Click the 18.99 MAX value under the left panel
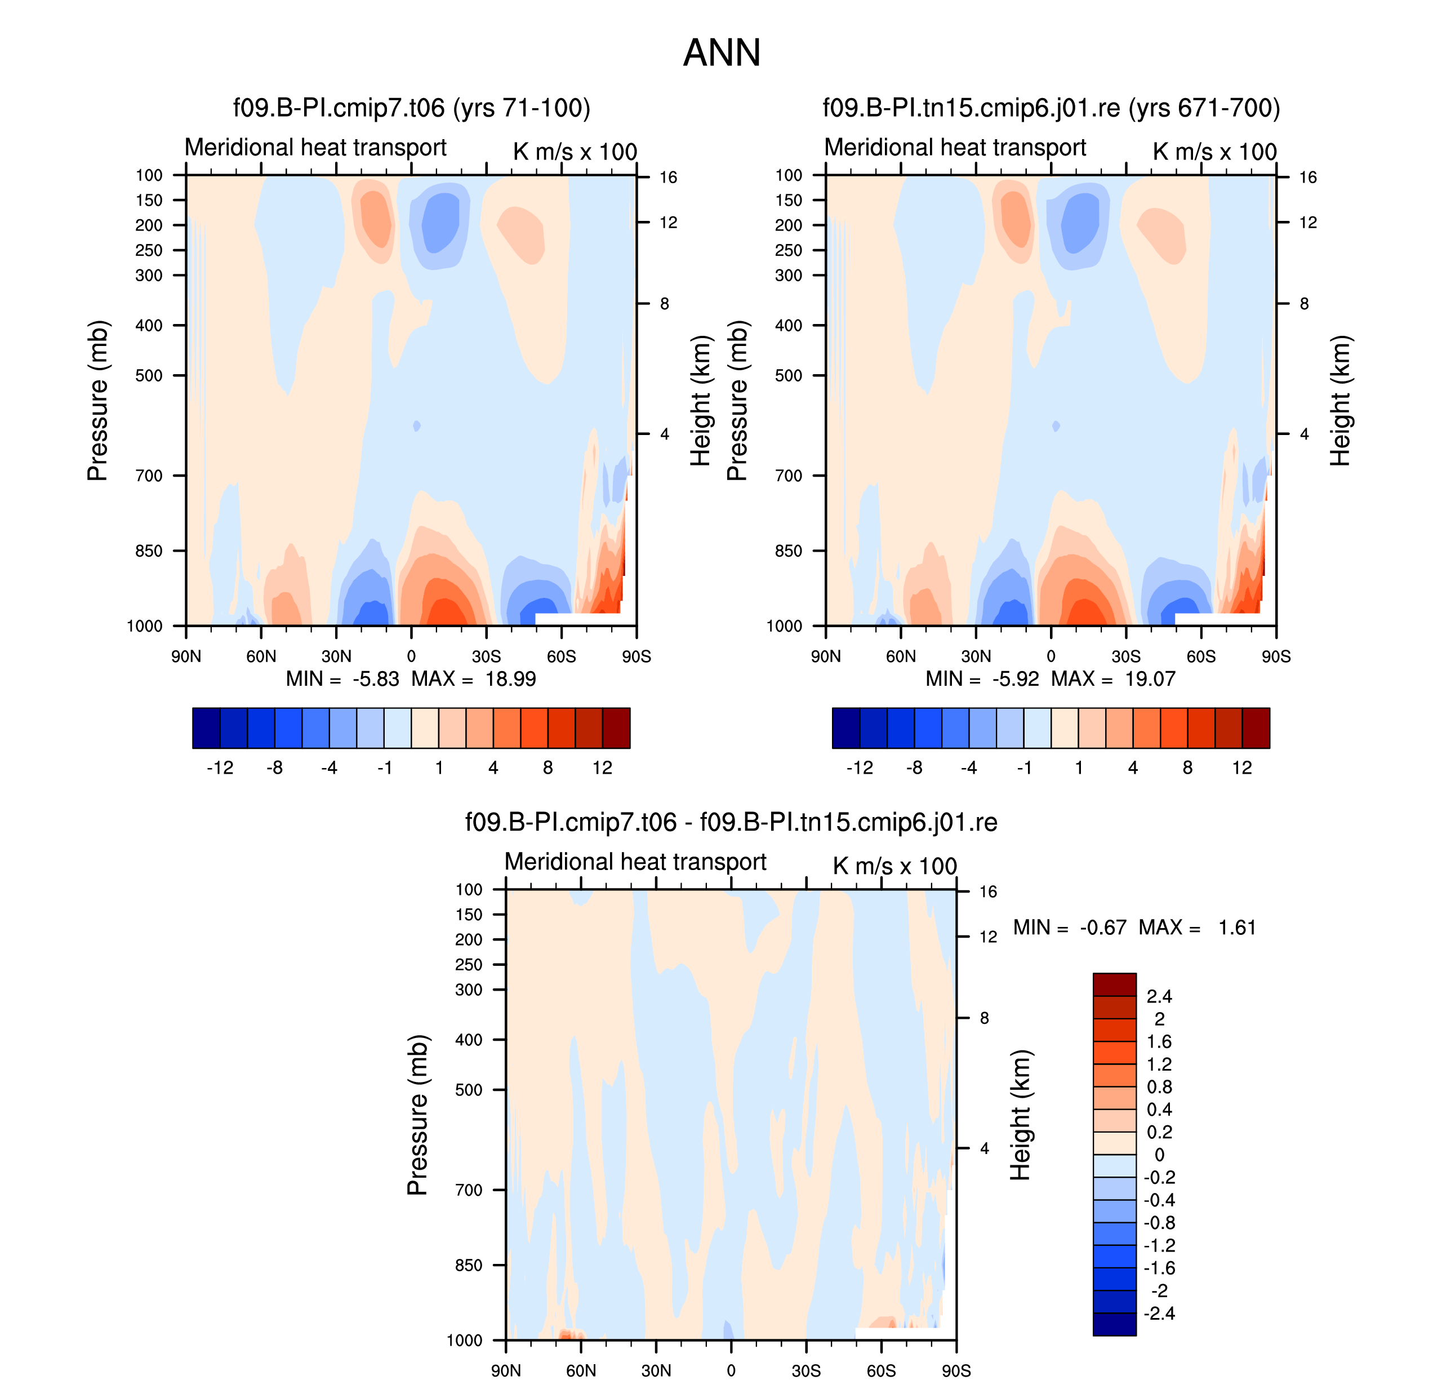point(510,678)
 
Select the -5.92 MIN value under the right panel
point(1016,678)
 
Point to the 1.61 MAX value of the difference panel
point(1237,928)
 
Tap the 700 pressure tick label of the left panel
point(149,476)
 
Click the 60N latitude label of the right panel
point(901,656)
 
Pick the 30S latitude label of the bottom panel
point(806,1370)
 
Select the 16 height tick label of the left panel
point(667,178)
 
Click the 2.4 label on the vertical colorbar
point(1159,997)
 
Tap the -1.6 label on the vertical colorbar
point(1159,1268)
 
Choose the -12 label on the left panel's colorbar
point(220,768)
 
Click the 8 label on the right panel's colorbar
point(1187,768)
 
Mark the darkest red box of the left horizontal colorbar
point(616,728)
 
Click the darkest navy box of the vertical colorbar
point(1114,1324)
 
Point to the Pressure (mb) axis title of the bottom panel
point(417,1115)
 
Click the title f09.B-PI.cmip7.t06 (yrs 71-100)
point(412,108)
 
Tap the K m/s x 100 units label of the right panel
point(1215,152)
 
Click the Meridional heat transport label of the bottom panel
point(635,862)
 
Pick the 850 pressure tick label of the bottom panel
point(469,1265)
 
